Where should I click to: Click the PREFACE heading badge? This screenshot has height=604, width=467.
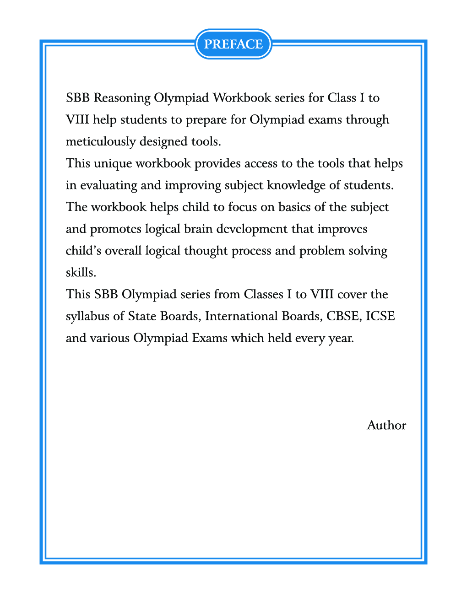(x=233, y=44)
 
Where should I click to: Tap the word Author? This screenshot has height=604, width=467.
(x=386, y=425)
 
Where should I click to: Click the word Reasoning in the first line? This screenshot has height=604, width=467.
(x=122, y=98)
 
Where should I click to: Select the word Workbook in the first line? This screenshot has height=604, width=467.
(x=242, y=98)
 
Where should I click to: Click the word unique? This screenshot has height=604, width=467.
(x=113, y=163)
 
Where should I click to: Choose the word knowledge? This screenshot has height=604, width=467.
(x=296, y=185)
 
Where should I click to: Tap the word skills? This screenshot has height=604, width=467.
(x=81, y=272)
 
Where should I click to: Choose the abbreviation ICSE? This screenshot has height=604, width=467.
(x=380, y=316)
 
